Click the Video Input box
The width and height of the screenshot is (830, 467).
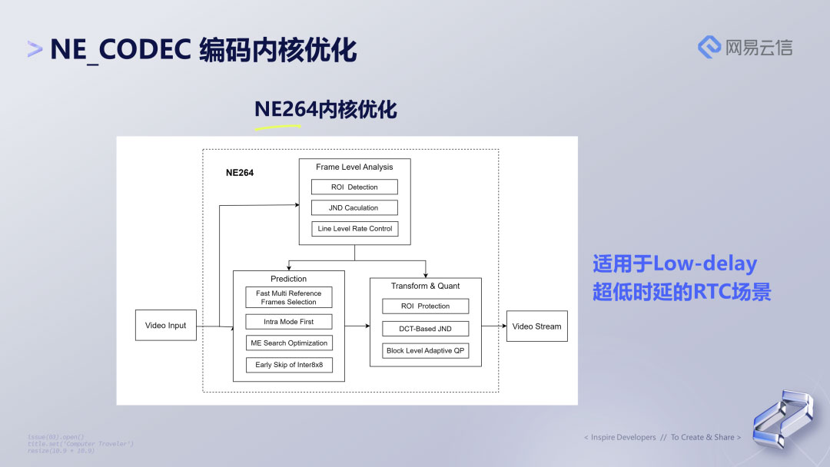pyautogui.click(x=165, y=325)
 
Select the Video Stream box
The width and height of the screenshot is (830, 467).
pyautogui.click(x=536, y=326)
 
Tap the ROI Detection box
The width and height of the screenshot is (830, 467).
pyautogui.click(x=354, y=187)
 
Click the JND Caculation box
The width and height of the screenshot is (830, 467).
pyautogui.click(x=354, y=207)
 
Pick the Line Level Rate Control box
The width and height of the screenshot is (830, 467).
pyautogui.click(x=354, y=228)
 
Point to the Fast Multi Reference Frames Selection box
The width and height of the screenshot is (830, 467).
pyautogui.click(x=289, y=297)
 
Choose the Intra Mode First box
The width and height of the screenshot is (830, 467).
pyautogui.click(x=289, y=322)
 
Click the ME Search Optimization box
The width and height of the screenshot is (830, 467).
pyautogui.click(x=289, y=343)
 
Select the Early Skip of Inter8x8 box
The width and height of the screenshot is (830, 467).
pyautogui.click(x=289, y=365)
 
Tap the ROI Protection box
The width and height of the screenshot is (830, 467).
pyautogui.click(x=425, y=306)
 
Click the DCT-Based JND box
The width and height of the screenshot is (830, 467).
pyautogui.click(x=425, y=328)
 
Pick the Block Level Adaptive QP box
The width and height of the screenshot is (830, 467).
pyautogui.click(x=425, y=350)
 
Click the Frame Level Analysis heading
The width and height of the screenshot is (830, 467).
pyautogui.click(x=354, y=167)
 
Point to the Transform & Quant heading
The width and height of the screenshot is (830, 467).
pyautogui.click(x=425, y=286)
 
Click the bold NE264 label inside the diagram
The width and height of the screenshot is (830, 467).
pyautogui.click(x=239, y=173)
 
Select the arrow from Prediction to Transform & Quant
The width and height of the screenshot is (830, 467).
pyautogui.click(x=357, y=326)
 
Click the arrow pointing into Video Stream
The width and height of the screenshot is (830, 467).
pyautogui.click(x=493, y=326)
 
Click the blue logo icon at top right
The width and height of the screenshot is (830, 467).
pyautogui.click(x=709, y=47)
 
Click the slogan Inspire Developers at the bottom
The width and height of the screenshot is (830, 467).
pyautogui.click(x=622, y=437)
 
